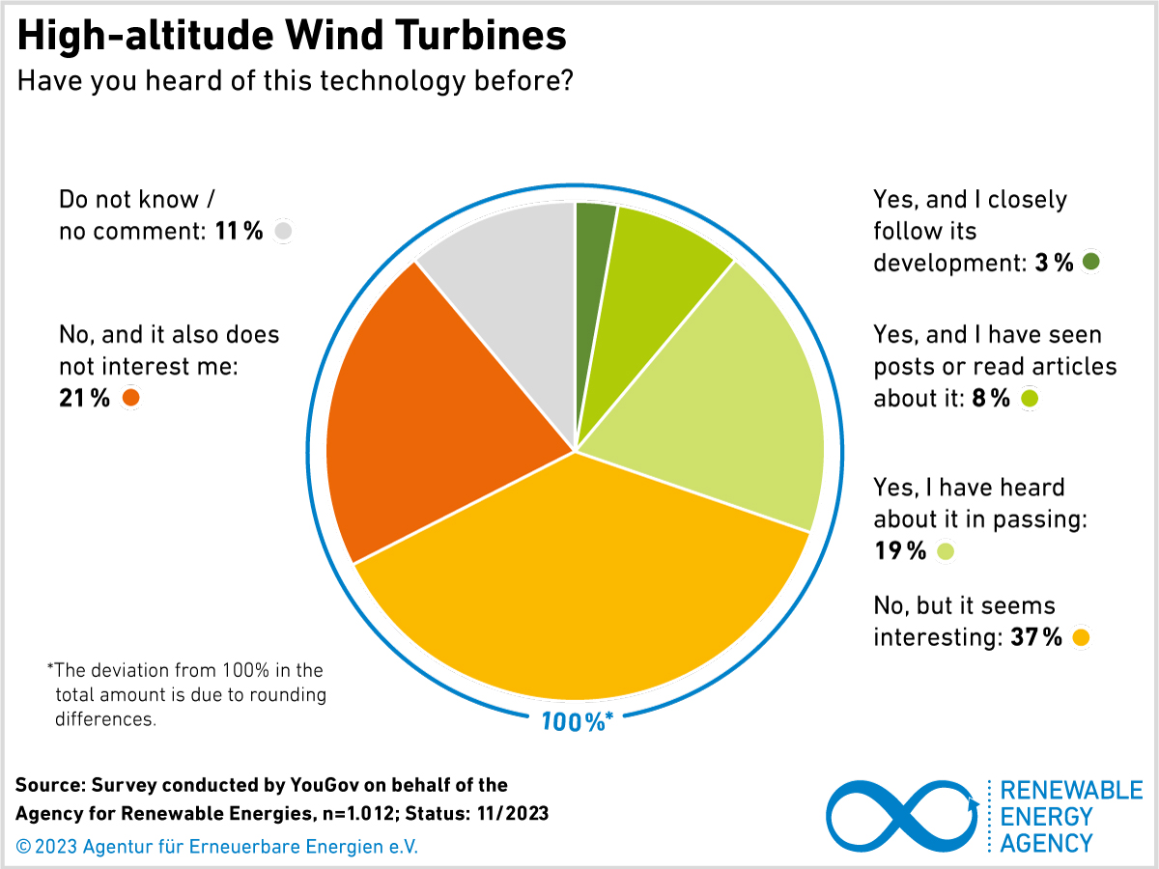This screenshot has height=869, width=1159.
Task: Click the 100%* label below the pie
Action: tap(577, 720)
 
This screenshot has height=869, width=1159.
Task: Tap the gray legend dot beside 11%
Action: tap(282, 231)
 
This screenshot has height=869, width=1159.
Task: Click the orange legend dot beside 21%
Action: tap(129, 398)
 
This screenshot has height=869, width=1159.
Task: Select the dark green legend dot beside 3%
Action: tap(1091, 262)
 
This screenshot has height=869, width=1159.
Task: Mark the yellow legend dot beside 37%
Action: tap(1081, 637)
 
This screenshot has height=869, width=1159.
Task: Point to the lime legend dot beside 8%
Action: tap(1029, 399)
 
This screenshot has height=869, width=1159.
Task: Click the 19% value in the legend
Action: tap(900, 551)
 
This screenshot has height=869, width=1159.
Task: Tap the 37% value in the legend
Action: tap(1035, 637)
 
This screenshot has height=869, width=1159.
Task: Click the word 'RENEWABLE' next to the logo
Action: tap(1071, 791)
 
